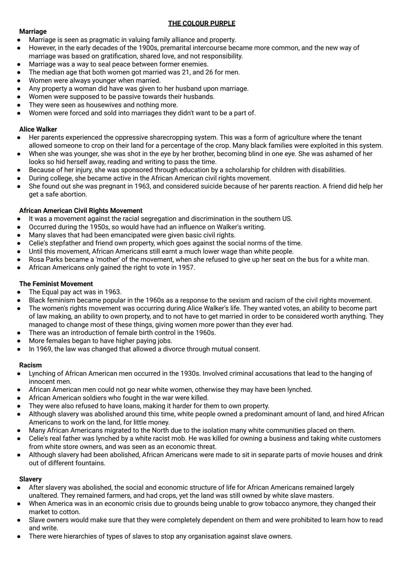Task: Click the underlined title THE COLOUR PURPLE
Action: point(202,24)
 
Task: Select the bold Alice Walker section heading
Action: point(38,129)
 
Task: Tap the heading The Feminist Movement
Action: point(56,284)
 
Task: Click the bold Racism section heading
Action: point(30,365)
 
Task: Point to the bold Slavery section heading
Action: point(30,479)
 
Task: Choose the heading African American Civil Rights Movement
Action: point(81,210)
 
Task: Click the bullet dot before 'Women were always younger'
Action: point(18,81)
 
